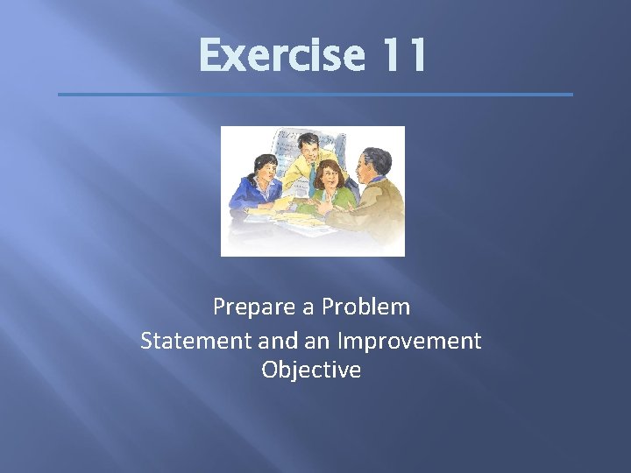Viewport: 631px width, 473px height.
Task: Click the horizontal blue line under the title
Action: (x=315, y=95)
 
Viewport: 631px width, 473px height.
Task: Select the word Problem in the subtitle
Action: (x=365, y=307)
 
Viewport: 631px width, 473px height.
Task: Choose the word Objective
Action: (x=311, y=370)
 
